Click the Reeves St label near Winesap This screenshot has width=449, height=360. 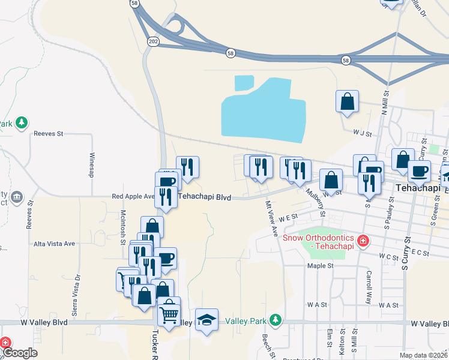49,134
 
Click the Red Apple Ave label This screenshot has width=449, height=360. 133,196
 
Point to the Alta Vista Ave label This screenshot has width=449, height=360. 54,244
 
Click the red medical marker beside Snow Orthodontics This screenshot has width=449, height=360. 362,241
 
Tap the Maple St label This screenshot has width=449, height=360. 320,265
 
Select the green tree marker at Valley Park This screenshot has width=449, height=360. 275,320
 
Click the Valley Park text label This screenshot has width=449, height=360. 246,321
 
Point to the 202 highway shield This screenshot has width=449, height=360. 152,41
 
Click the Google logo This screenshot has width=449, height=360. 19,352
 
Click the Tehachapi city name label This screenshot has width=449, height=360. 419,188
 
